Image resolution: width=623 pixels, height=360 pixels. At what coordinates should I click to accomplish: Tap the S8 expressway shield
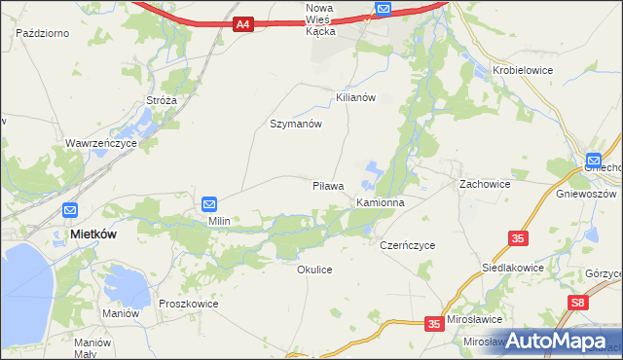point(578,304)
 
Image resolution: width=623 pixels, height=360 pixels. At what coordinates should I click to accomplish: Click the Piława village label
point(328,185)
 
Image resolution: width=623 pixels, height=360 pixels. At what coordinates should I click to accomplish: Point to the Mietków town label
point(95,234)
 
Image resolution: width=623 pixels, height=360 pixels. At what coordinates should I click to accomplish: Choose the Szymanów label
point(295,125)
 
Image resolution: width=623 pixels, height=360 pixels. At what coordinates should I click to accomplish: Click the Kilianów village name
point(355,98)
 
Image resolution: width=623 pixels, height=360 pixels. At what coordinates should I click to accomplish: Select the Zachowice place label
point(485,183)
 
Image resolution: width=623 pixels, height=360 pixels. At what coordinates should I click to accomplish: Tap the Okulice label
point(314,270)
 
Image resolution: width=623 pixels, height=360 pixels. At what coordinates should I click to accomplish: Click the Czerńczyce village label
point(407,246)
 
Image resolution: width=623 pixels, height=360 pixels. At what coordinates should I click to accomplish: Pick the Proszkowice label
point(188,304)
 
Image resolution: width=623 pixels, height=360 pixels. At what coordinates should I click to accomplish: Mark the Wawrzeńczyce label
point(101,143)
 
